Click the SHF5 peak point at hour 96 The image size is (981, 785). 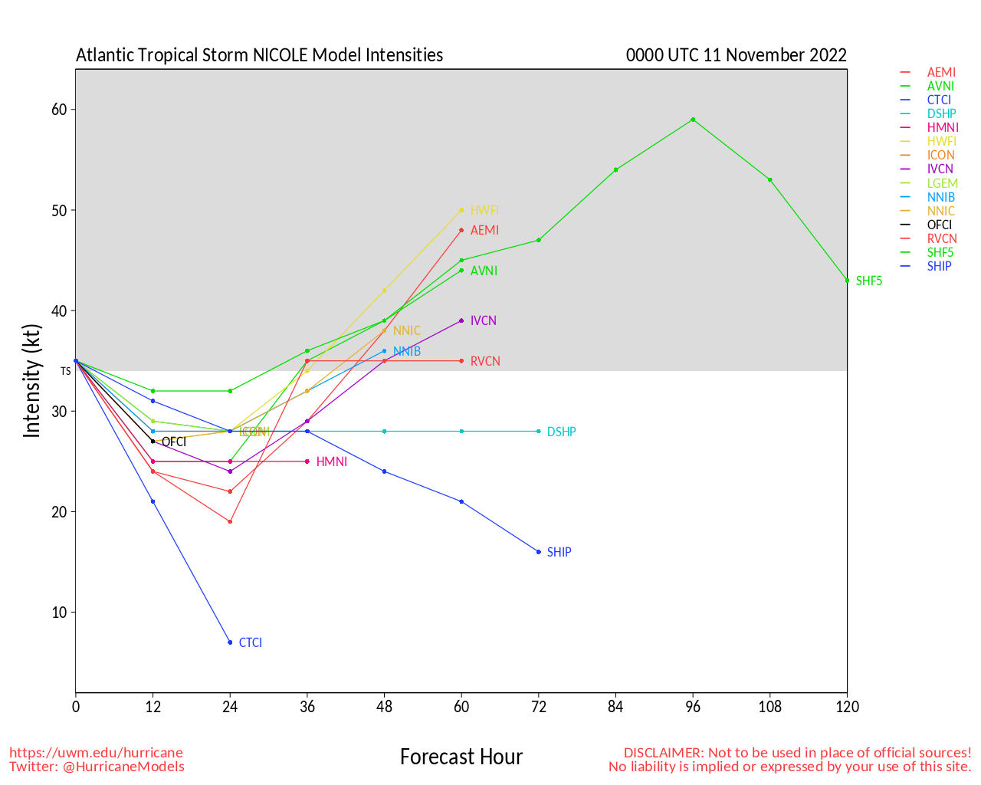pyautogui.click(x=693, y=120)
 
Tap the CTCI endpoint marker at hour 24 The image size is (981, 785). pyautogui.click(x=230, y=642)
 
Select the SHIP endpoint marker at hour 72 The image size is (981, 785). pyautogui.click(x=539, y=552)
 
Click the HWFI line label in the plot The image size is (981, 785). pyautogui.click(x=484, y=210)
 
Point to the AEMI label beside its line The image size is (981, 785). pyautogui.click(x=484, y=230)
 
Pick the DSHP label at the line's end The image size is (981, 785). pyautogui.click(x=561, y=432)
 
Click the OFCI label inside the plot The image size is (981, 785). pyautogui.click(x=173, y=442)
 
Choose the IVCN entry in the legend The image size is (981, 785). pyautogui.click(x=940, y=169)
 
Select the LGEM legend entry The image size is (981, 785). pyautogui.click(x=942, y=183)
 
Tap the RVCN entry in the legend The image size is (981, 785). pyautogui.click(x=942, y=238)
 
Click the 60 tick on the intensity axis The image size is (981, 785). pyautogui.click(x=59, y=110)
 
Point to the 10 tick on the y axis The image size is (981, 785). pyautogui.click(x=59, y=613)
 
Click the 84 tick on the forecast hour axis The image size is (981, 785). pyautogui.click(x=615, y=707)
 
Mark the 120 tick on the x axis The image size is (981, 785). pyautogui.click(x=847, y=707)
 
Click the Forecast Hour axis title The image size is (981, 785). pyautogui.click(x=461, y=757)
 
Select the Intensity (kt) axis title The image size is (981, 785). pyautogui.click(x=31, y=381)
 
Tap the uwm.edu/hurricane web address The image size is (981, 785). pyautogui.click(x=96, y=753)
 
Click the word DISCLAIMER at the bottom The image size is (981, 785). pyautogui.click(x=663, y=753)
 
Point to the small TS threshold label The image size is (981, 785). pyautogui.click(x=66, y=371)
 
